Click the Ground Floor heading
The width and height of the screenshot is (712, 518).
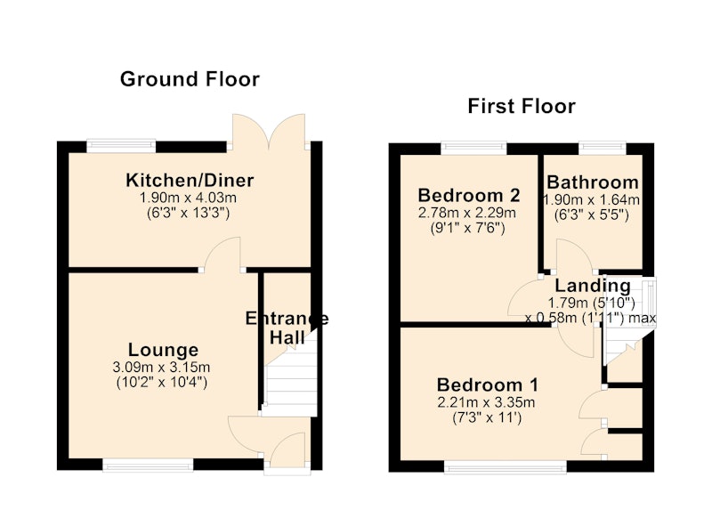(190, 79)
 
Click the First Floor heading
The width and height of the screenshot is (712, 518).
(522, 107)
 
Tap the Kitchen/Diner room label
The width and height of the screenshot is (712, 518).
(190, 181)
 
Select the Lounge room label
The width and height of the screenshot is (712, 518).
(164, 350)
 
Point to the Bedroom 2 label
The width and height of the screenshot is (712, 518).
(469, 195)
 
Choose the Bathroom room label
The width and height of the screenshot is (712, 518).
(593, 182)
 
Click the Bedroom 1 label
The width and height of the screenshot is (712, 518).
(488, 385)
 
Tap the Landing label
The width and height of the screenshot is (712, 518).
(593, 286)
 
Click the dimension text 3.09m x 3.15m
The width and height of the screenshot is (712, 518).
(161, 367)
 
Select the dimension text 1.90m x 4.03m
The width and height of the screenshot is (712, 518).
(188, 198)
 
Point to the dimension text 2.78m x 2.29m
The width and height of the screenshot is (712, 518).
(467, 213)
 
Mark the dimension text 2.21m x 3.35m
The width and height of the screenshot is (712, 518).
(486, 402)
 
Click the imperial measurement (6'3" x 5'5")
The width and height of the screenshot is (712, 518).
(592, 214)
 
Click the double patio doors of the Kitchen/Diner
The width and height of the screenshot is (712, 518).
(269, 132)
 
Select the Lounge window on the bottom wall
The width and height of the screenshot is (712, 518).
(148, 465)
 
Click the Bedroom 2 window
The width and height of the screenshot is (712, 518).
(473, 148)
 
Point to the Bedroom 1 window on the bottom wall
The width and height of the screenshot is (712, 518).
(506, 467)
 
